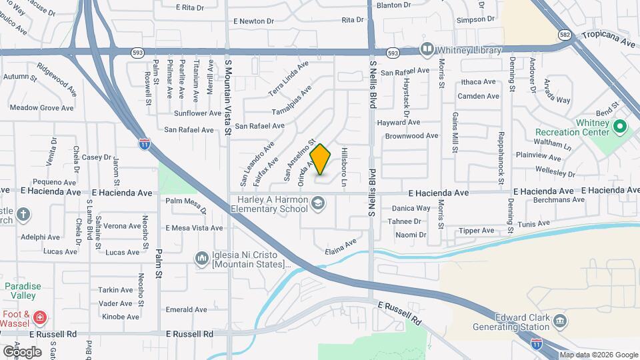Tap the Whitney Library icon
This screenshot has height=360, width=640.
[x=426, y=49]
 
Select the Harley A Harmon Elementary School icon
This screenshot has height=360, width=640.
[x=318, y=203]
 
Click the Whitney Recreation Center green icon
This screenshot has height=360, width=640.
[x=619, y=126]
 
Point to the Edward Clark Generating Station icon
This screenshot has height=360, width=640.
[x=559, y=321]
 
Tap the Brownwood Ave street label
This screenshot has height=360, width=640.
[x=411, y=135]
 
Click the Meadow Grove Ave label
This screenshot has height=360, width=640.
[x=41, y=107]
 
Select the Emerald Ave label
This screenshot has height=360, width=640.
[x=187, y=309]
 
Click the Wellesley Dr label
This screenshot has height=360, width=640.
[x=555, y=172]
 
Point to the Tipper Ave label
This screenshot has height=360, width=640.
[x=476, y=231]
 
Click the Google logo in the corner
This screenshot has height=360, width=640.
[x=22, y=351]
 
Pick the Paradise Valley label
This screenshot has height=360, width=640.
[x=23, y=291]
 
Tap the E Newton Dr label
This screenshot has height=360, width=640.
[x=253, y=21]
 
